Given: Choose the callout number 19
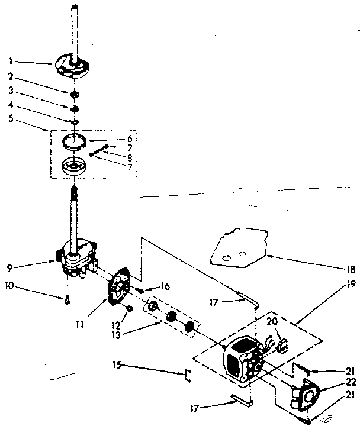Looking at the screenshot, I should tap(350, 284).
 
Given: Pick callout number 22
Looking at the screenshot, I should tap(350, 382).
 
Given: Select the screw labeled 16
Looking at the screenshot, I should tap(141, 289).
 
